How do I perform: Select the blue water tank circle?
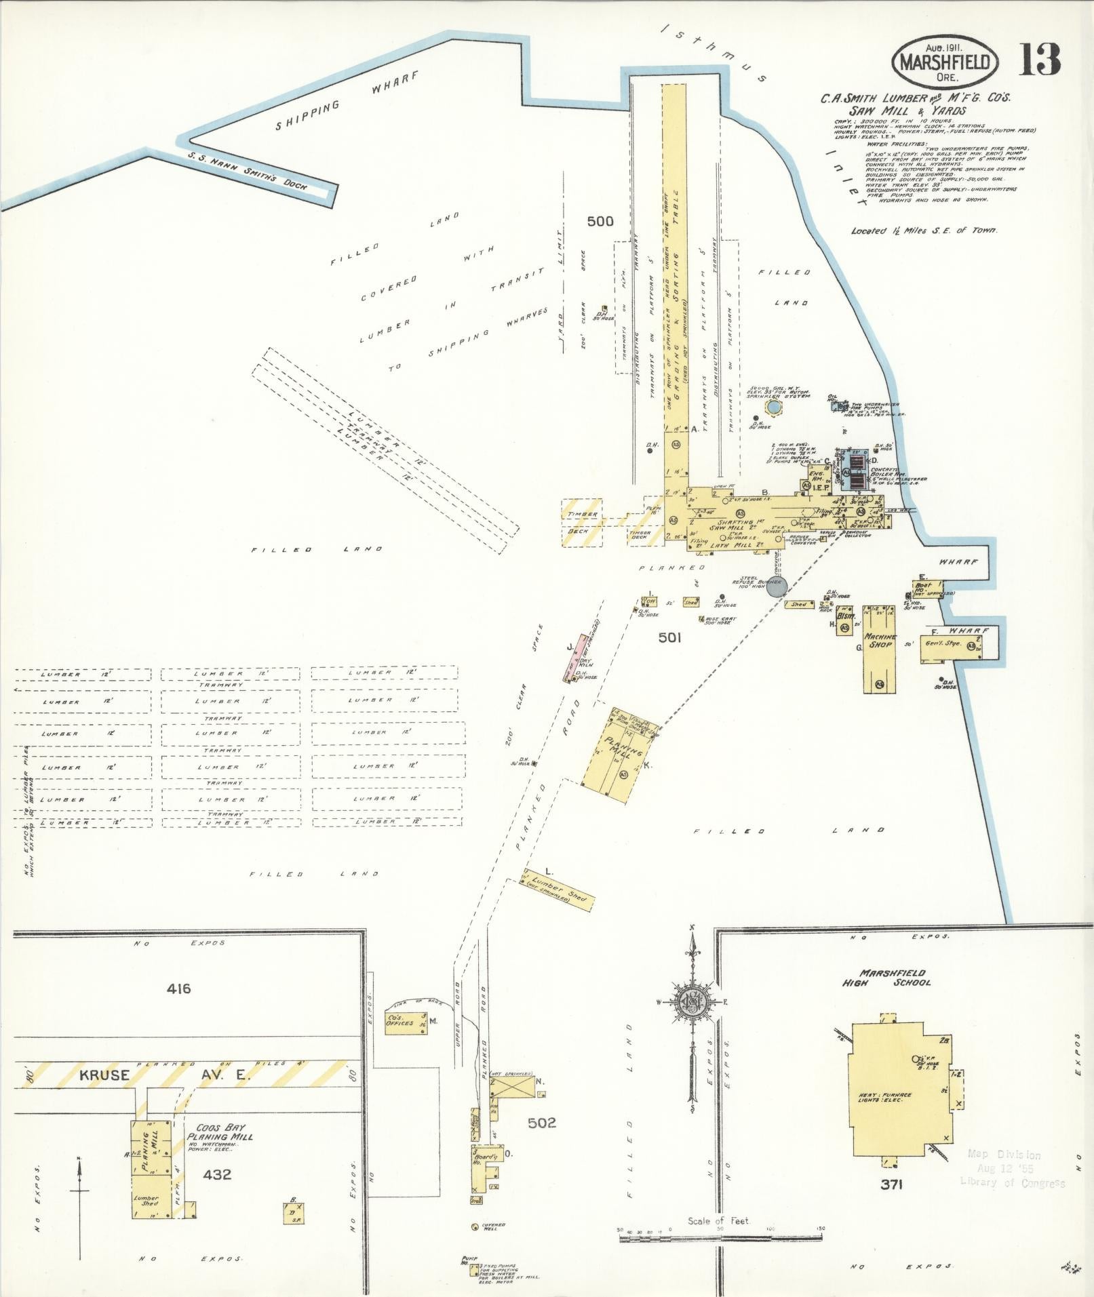tap(773, 407)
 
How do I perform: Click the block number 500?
tap(600, 221)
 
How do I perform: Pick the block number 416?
tap(178, 989)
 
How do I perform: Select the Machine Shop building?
tap(880, 649)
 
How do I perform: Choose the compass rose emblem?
tap(692, 1002)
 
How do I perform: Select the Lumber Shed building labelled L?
tap(560, 890)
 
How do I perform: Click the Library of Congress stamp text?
tap(1012, 1182)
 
